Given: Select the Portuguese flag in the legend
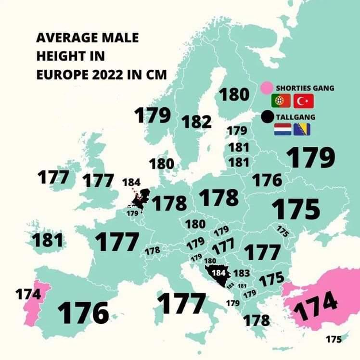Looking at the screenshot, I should (280, 101).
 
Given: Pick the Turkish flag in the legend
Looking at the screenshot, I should (303, 101).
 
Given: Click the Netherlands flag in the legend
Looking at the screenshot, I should (281, 129).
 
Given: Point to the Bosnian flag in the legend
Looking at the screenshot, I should (302, 129).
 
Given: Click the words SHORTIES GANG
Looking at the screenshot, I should (305, 89).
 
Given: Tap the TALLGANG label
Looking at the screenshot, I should (295, 117).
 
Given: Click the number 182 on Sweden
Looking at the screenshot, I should (196, 122).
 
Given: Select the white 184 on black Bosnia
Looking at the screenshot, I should (219, 272).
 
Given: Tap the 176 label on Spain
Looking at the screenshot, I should (83, 313).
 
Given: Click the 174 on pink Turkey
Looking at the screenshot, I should (316, 304).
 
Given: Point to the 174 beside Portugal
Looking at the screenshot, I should (28, 294).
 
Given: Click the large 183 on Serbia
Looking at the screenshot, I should (241, 273).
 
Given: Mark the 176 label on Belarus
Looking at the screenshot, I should (267, 180).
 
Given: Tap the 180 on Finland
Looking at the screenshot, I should (234, 95).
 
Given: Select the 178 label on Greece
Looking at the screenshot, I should (257, 320).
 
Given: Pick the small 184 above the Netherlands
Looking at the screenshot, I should (131, 183).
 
